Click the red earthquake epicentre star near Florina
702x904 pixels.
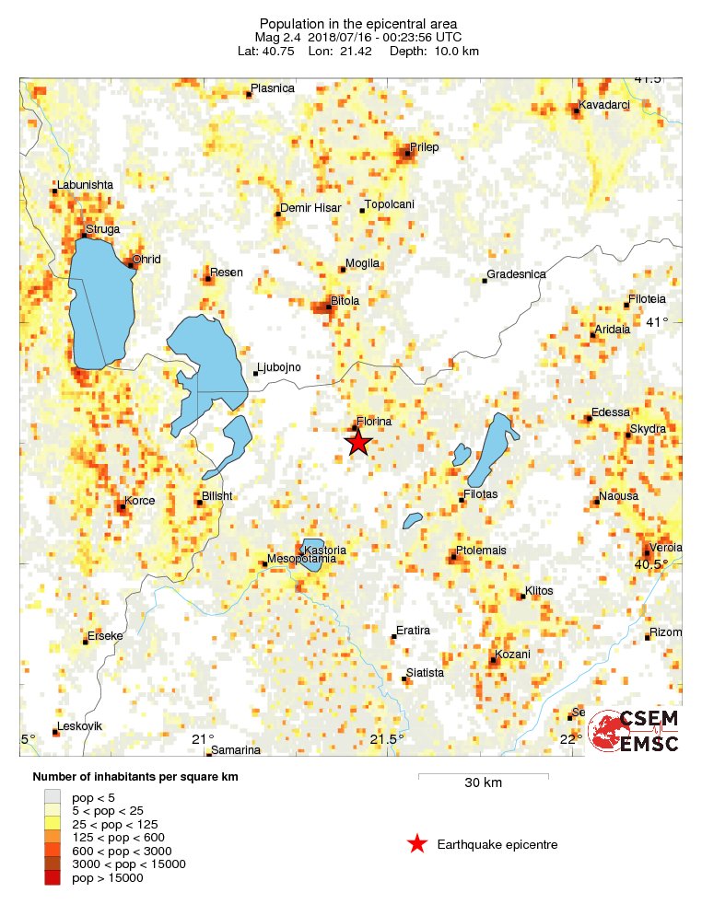tap(358, 443)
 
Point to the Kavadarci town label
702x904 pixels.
tap(603, 104)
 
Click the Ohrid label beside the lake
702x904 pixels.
tap(146, 260)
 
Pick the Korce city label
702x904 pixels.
tap(139, 501)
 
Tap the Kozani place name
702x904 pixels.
tap(512, 655)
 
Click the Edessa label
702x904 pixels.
tap(610, 412)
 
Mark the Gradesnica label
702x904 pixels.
tap(516, 274)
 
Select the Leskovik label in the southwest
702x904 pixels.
tap(80, 726)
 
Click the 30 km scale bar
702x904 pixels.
tap(483, 777)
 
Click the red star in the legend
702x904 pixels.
tap(417, 843)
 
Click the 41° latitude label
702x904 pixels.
tap(657, 322)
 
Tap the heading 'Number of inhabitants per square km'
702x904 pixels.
tap(135, 777)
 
